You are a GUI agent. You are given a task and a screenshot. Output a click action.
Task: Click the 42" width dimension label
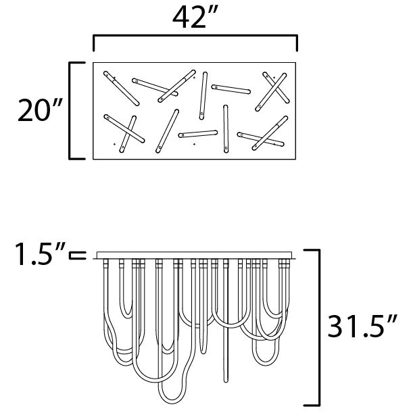tap(195, 17)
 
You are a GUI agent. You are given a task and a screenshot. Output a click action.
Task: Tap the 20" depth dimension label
tap(40, 110)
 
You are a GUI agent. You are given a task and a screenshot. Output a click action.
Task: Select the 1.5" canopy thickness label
tap(40, 253)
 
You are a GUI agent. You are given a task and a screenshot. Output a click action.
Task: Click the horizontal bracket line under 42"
tap(195, 35)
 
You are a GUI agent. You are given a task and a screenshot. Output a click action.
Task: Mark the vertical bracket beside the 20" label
tap(70, 111)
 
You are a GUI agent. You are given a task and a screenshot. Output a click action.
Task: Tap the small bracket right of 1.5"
tap(78, 256)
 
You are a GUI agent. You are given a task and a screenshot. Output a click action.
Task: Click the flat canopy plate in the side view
tap(194, 255)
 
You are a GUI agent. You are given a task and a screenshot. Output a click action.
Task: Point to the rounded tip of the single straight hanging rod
tap(226, 381)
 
